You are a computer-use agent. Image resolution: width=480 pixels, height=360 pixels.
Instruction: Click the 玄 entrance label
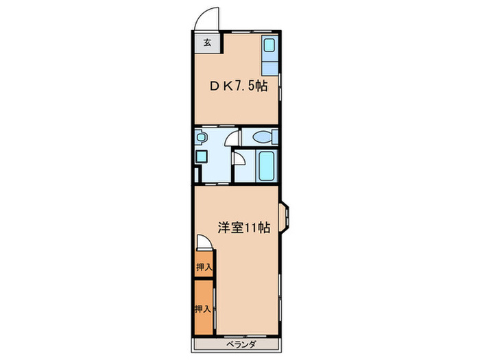[x=206, y=41]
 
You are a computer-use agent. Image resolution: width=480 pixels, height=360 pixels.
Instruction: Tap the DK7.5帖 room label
[x=238, y=87]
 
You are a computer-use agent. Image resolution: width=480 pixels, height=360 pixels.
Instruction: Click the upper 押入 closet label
[x=203, y=267]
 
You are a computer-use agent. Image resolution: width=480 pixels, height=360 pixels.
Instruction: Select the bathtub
[x=266, y=165]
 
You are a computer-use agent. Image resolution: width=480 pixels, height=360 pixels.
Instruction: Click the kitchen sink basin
[x=269, y=47]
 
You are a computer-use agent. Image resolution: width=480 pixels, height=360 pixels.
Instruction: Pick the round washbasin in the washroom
[x=200, y=137]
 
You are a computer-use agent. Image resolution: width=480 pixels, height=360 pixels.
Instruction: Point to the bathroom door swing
[x=239, y=160]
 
